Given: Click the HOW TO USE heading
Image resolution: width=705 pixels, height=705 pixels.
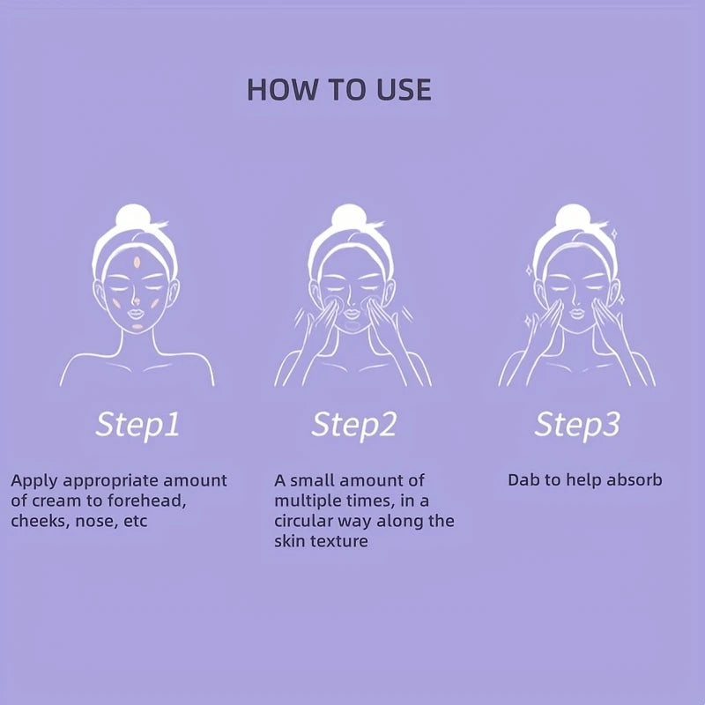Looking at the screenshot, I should tap(339, 89).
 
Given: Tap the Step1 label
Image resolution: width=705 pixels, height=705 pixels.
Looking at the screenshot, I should tap(137, 425).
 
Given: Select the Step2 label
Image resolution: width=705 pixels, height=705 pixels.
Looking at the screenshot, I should tap(353, 425).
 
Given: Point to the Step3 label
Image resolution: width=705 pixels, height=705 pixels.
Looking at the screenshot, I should tap(577, 425).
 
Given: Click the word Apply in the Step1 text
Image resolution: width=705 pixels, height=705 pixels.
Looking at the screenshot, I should tap(31, 481).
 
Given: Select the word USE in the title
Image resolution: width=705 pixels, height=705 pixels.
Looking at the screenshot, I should tap(401, 89).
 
